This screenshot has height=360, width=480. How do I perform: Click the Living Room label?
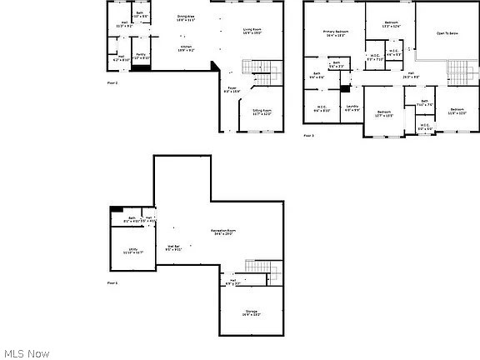point(253,32)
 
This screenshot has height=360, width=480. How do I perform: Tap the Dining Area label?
point(185,18)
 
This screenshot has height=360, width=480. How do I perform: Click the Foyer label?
point(232,89)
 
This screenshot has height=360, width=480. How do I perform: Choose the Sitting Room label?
point(262,112)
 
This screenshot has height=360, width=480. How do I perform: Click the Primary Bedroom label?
point(335,33)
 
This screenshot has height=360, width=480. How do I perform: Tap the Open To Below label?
point(447,33)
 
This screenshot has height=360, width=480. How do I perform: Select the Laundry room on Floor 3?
point(352,108)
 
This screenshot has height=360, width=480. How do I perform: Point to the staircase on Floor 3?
point(457,71)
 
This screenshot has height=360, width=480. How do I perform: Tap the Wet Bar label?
point(174,247)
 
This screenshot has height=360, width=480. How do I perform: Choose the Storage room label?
point(252,313)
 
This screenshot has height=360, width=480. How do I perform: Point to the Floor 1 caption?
point(112,283)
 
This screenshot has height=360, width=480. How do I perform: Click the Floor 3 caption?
point(308,135)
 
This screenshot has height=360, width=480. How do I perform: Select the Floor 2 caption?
point(112,83)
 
